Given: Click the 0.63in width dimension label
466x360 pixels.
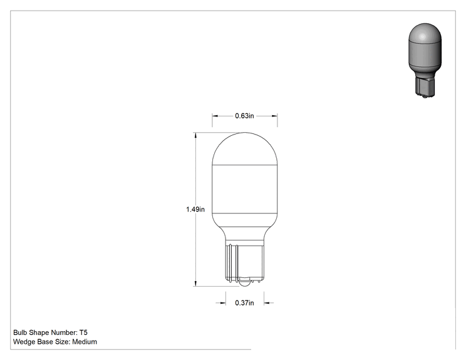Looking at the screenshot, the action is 244,116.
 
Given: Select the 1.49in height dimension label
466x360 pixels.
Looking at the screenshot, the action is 195,209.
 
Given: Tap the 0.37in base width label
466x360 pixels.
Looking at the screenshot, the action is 244,302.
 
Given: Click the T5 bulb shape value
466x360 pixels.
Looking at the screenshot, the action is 83,332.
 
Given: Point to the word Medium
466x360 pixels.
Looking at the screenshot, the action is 85,342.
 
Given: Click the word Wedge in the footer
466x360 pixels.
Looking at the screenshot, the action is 24,342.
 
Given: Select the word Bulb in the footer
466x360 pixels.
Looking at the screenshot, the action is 20,332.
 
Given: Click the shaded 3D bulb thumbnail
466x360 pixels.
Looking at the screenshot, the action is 425,60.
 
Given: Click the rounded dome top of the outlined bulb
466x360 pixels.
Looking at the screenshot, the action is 245,148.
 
